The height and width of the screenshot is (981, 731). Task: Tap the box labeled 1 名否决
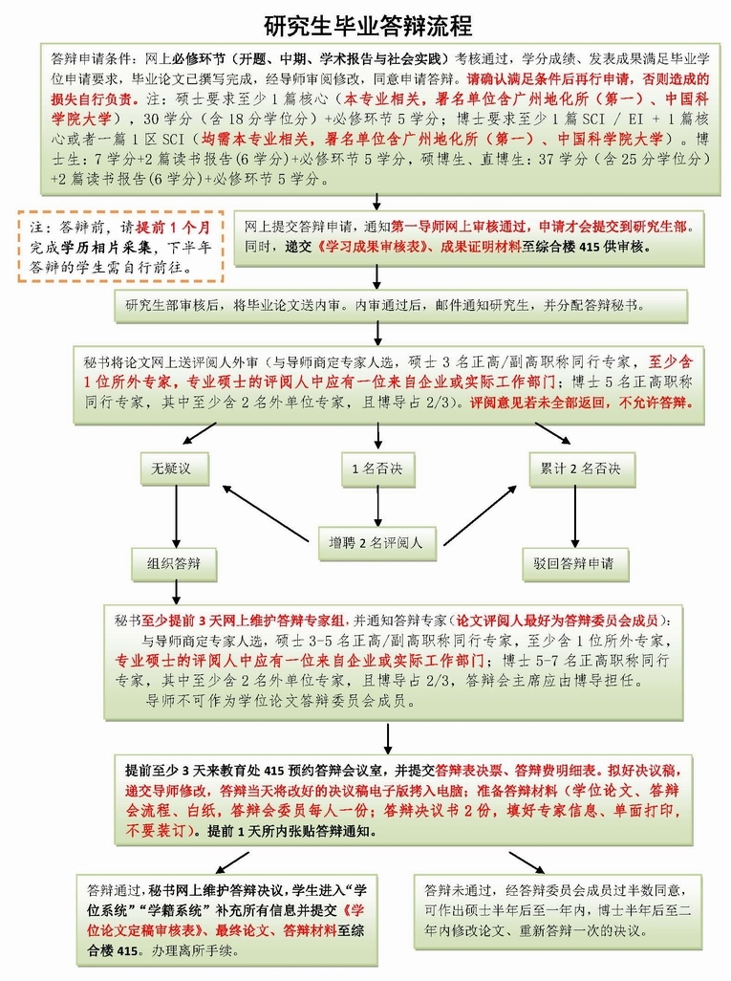tap(376, 469)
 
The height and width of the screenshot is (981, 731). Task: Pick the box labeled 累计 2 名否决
tap(574, 469)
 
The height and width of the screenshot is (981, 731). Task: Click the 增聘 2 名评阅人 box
tap(376, 543)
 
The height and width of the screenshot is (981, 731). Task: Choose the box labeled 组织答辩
tap(176, 564)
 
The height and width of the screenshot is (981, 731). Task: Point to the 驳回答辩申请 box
tap(574, 564)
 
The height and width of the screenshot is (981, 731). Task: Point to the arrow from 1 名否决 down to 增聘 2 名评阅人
tap(376, 507)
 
